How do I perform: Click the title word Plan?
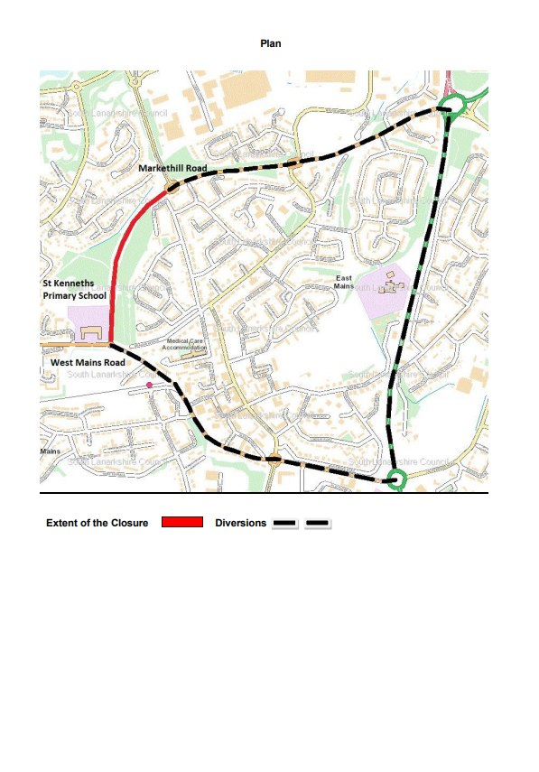point(271,43)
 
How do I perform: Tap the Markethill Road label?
point(172,169)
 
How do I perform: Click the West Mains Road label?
point(87,362)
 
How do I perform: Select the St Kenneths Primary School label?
point(74,289)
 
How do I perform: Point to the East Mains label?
point(344,281)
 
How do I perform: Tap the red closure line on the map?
point(120,262)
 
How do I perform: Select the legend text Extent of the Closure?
point(97,524)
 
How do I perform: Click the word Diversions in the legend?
point(240,524)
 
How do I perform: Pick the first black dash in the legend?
point(285,524)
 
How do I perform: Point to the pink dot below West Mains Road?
point(150,386)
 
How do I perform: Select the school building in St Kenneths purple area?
point(90,333)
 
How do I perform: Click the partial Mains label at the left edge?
point(50,450)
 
